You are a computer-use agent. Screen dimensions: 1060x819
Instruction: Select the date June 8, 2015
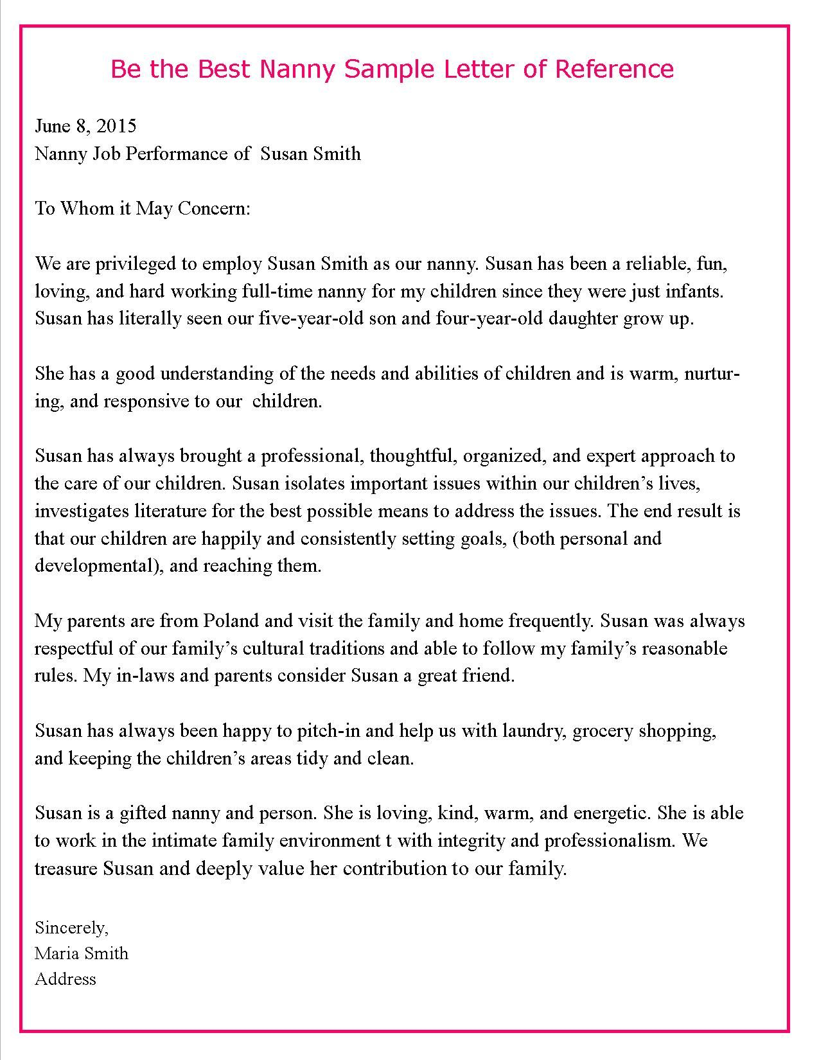[x=85, y=126]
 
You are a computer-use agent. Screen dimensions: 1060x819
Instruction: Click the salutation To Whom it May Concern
[x=142, y=209]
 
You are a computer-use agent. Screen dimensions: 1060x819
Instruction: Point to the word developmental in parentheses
[x=91, y=566]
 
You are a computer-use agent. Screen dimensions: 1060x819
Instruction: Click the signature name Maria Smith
[x=82, y=953]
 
